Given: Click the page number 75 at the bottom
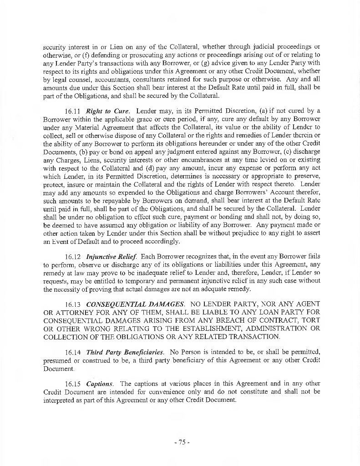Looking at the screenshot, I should (x=180, y=442).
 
